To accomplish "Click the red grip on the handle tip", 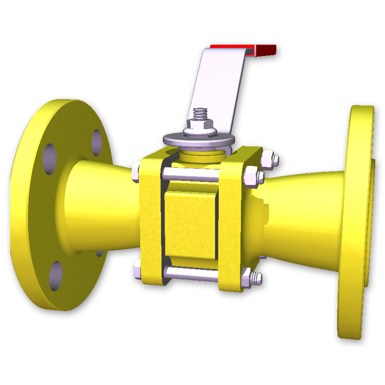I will (x=266, y=50).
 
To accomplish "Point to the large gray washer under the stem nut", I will (x=198, y=139).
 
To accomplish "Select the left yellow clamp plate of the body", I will (x=150, y=221).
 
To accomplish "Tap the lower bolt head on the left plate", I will (x=137, y=269).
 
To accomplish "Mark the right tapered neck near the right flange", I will (x=303, y=216).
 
